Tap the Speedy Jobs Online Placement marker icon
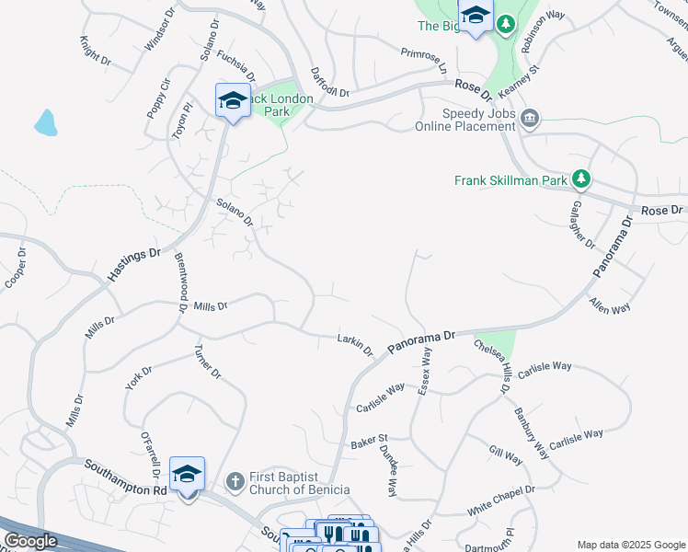[x=529, y=118]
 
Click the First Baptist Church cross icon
[x=235, y=480]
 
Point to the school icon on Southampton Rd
[x=187, y=475]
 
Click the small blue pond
[x=45, y=121]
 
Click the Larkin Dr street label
[x=355, y=345]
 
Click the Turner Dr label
[x=207, y=362]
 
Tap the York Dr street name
[x=139, y=377]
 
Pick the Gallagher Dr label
[x=578, y=224]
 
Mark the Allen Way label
[x=610, y=306]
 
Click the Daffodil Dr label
[x=330, y=84]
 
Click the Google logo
[x=30, y=541]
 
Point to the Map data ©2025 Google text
[x=630, y=545]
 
